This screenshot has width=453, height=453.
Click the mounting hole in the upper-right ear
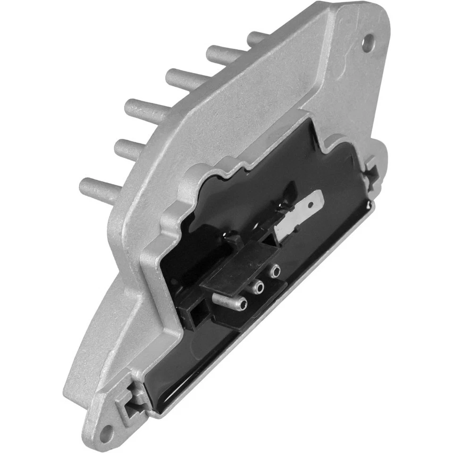tap(367, 42)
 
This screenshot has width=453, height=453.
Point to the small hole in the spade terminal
tap(310, 205)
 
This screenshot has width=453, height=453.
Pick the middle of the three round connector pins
tap(257, 285)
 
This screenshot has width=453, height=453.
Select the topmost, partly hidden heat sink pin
tap(257, 38)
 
